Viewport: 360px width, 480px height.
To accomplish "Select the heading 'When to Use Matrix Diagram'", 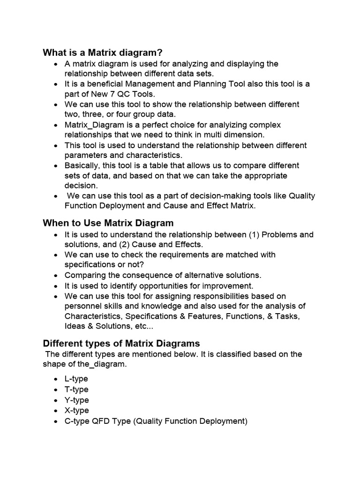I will point(108,223).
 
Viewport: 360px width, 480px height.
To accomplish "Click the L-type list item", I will point(76,379).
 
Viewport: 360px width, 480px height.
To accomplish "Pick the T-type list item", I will point(76,390).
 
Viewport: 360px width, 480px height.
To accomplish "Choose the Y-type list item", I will point(76,400).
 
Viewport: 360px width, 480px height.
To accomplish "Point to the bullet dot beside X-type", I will point(56,411).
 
